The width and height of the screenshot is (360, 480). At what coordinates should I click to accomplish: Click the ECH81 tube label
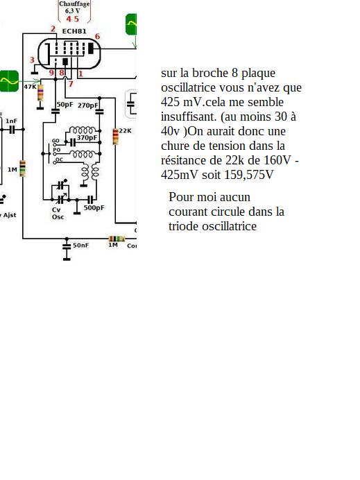(x=74, y=31)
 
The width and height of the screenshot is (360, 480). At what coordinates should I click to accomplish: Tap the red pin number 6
(x=97, y=37)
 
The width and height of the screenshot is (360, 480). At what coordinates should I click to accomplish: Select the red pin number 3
(x=32, y=60)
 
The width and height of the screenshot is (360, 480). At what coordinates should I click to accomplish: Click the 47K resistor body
(x=40, y=93)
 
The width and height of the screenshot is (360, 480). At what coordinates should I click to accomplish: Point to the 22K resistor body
(x=115, y=137)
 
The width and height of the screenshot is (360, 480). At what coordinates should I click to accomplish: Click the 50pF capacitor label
(x=65, y=104)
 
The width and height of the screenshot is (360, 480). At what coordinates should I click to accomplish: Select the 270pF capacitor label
(x=88, y=105)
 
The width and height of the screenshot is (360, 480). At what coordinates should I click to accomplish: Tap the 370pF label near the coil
(x=87, y=138)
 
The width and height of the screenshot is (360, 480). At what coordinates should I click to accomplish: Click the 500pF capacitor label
(x=94, y=207)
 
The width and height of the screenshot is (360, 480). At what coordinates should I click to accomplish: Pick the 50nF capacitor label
(x=81, y=246)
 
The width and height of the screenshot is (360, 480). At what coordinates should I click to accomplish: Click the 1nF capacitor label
(x=11, y=121)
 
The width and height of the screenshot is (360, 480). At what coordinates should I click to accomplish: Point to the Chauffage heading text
(x=74, y=4)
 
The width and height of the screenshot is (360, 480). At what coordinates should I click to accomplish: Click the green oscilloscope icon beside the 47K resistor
(x=9, y=81)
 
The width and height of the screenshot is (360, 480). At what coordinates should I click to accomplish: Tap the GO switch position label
(x=55, y=141)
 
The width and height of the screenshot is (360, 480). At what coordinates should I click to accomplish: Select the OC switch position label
(x=59, y=160)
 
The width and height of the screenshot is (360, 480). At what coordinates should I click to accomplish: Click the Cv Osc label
(x=58, y=214)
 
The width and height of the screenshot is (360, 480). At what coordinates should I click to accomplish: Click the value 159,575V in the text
(x=248, y=175)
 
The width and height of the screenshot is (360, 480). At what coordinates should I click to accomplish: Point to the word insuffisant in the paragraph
(x=189, y=117)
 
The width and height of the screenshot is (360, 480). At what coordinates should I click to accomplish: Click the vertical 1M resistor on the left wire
(x=22, y=169)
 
